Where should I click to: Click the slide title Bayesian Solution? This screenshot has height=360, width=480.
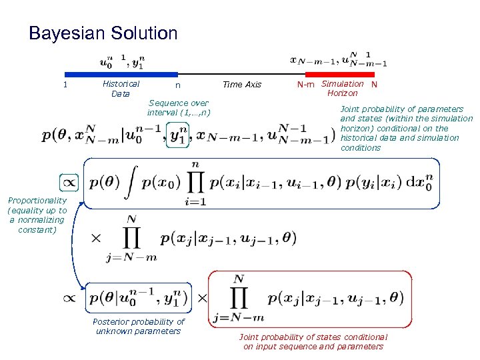(x=103, y=33)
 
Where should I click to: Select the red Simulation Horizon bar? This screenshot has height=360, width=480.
(x=340, y=74)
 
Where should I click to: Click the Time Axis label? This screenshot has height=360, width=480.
(x=242, y=85)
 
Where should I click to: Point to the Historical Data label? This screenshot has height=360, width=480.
(x=121, y=89)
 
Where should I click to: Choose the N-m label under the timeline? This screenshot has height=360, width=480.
(x=306, y=85)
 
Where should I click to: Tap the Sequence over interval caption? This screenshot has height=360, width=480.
(x=178, y=107)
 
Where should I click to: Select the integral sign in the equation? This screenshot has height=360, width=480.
(x=132, y=182)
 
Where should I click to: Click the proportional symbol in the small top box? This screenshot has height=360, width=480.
(x=69, y=181)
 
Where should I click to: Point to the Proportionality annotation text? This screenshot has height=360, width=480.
(x=37, y=215)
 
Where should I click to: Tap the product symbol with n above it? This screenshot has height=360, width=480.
(x=195, y=182)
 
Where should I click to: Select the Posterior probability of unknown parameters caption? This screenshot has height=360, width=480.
(x=139, y=327)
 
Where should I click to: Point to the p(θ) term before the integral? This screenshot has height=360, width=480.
(x=104, y=182)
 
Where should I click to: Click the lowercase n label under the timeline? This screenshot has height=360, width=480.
(x=177, y=85)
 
